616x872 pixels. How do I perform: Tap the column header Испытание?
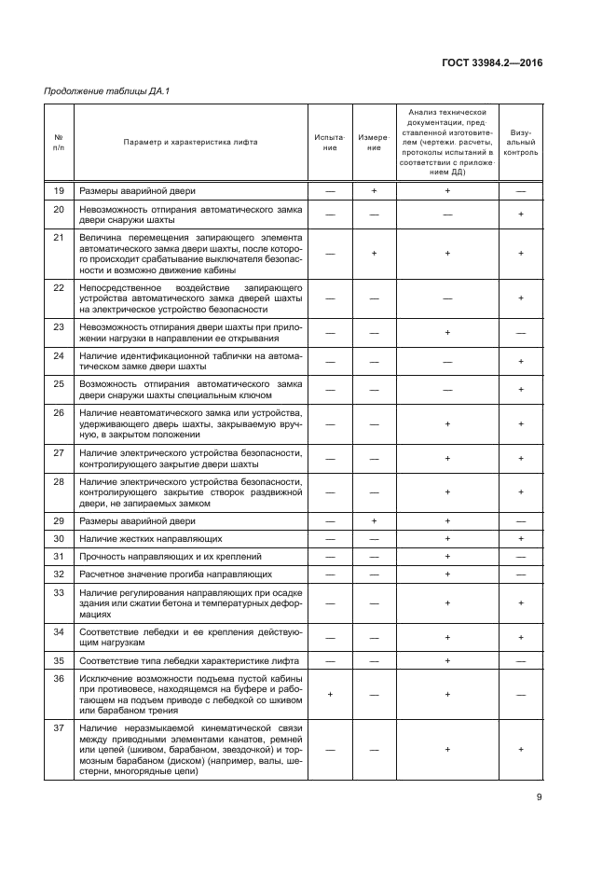330,142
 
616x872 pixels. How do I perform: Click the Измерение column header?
374,142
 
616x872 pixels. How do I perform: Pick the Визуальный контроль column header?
520,142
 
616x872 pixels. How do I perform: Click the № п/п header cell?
59,142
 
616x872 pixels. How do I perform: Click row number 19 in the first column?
59,191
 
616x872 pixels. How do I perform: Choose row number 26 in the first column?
59,412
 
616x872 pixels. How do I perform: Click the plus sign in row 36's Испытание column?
330,694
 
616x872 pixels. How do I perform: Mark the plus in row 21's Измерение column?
374,253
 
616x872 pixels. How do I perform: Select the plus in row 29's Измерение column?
374,521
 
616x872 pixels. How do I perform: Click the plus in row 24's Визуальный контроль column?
520,361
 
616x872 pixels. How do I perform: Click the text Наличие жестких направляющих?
138,539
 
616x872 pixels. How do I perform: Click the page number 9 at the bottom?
539,797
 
